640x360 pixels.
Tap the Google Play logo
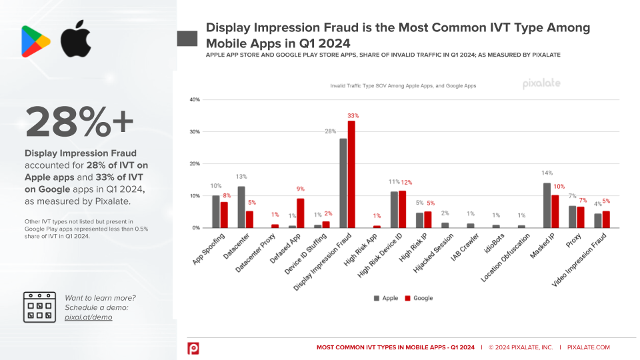[x=36, y=41]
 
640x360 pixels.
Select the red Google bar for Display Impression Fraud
[x=351, y=174]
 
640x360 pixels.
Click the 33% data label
[x=352, y=115]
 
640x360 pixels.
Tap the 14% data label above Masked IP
[x=547, y=173]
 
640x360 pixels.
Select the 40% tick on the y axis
[x=195, y=100]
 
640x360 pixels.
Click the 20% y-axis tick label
[x=195, y=164]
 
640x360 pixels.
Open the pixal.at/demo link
[x=89, y=317]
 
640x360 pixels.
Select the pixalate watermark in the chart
[x=541, y=84]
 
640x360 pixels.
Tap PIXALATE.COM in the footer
[x=588, y=347]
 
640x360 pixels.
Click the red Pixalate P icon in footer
[x=193, y=348]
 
